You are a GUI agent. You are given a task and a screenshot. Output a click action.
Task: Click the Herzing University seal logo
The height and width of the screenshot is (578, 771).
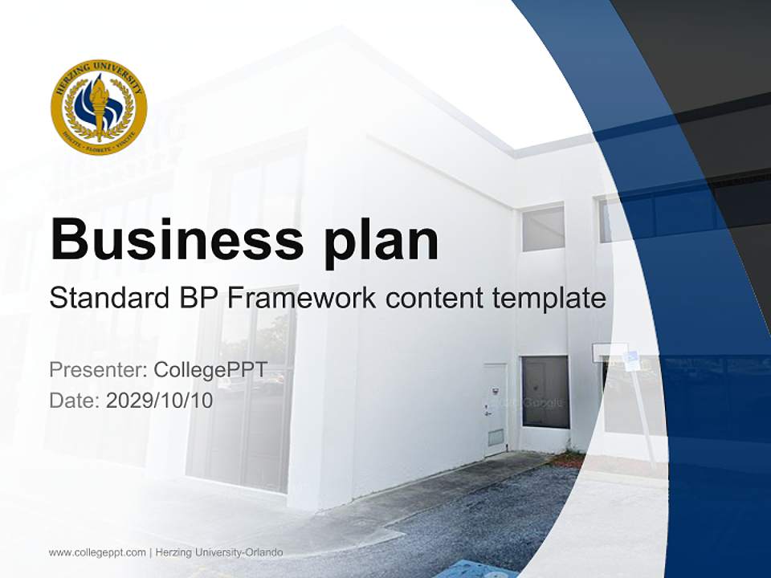(x=99, y=107)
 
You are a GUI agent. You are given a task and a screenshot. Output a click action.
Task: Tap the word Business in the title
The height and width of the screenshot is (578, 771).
(x=177, y=238)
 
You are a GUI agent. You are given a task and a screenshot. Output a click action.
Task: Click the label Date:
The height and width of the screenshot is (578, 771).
(x=75, y=400)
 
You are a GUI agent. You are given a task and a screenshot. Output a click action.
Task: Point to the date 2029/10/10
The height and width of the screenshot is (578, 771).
(x=160, y=400)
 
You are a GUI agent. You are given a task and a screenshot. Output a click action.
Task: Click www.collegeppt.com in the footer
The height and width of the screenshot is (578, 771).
(x=97, y=552)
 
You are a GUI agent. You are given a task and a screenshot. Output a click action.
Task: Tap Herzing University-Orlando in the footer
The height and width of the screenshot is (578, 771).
(x=218, y=552)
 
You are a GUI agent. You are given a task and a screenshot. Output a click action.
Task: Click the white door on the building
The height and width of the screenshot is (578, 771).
(x=495, y=409)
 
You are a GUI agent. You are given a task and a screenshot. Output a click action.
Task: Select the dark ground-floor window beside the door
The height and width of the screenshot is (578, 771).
(x=545, y=392)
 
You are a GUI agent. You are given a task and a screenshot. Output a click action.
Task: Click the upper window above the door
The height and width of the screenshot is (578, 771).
(x=543, y=228)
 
